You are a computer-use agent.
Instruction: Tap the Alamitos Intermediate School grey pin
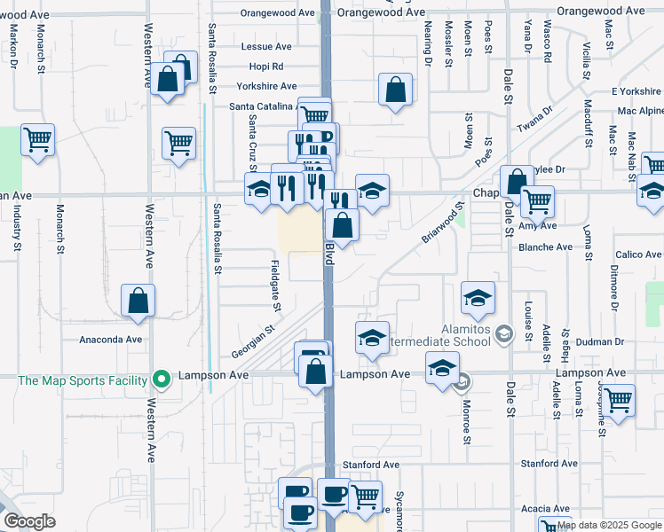coord(504,333)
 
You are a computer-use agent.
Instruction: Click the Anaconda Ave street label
coord(111,340)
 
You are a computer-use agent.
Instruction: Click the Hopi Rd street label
coord(265,66)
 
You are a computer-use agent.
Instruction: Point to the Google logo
coord(29,521)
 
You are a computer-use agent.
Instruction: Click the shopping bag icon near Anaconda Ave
coord(138,301)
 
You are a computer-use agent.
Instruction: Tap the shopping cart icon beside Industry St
coord(37,139)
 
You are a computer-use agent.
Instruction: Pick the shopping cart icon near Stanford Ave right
coord(618,399)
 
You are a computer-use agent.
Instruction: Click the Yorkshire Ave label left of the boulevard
coord(266,87)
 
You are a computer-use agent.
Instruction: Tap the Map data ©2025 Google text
coord(609,525)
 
